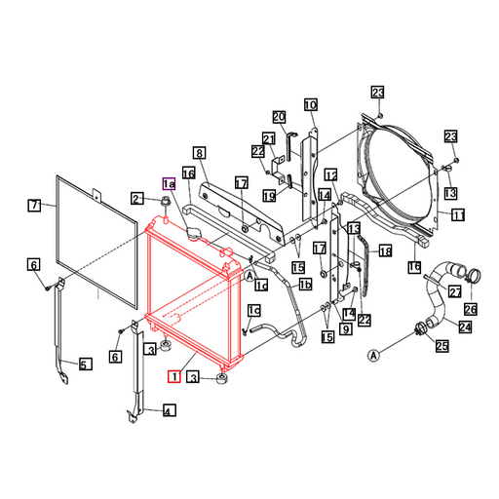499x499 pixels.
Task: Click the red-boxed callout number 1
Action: [174, 376]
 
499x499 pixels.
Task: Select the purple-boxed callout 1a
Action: [169, 184]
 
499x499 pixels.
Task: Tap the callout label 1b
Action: [305, 285]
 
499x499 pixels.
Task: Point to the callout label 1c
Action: [254, 311]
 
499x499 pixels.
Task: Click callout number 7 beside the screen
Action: [34, 206]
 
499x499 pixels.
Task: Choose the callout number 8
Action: [200, 153]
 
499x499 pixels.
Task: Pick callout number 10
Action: [311, 105]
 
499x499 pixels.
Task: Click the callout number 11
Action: [458, 214]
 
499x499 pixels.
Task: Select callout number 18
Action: [385, 250]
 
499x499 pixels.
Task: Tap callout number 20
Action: [279, 117]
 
